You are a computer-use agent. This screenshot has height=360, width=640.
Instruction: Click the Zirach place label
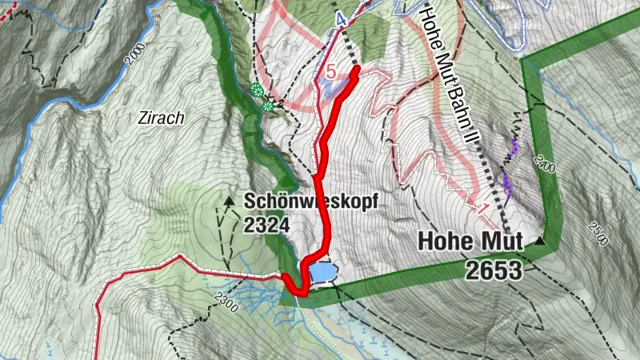tap(161, 118)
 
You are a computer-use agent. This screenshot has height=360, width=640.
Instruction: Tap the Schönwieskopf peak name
tap(310, 202)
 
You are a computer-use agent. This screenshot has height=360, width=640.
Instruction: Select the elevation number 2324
tap(267, 225)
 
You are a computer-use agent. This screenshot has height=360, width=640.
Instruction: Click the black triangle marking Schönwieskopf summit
tap(230, 200)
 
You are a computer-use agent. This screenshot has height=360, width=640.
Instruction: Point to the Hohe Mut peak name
tap(470, 242)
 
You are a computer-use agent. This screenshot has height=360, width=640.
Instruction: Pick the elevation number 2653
tap(493, 270)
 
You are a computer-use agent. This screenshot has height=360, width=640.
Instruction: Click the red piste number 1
tap(483, 208)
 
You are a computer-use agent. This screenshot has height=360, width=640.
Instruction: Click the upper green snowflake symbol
tap(256, 90)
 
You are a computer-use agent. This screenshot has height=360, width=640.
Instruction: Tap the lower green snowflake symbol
tap(268, 105)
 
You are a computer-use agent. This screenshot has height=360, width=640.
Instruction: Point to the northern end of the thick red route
tap(354, 70)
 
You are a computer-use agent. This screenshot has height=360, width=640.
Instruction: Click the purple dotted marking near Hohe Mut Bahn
tap(509, 164)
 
